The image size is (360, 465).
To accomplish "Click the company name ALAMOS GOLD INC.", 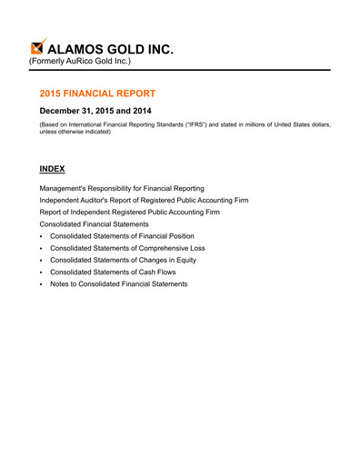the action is tap(112, 47).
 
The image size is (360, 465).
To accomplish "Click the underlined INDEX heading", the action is tap(53, 169).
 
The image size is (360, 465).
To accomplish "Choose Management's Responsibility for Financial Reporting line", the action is tap(127, 188).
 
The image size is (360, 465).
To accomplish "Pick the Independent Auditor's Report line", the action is tap(144, 200).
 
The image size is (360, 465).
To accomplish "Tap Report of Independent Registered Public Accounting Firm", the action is tap(129, 212).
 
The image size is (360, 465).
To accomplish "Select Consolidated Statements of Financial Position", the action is tap(122, 236).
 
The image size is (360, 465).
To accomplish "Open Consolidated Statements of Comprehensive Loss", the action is tap(127, 248).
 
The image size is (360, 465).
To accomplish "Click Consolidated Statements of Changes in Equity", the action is tap(123, 260).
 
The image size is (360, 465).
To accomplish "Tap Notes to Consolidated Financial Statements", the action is tap(119, 284).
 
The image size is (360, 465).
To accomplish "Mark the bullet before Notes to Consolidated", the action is tap(42, 284).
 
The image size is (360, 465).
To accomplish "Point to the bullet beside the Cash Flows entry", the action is tap(42, 272).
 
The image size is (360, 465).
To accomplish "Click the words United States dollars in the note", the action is tap(304, 124).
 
